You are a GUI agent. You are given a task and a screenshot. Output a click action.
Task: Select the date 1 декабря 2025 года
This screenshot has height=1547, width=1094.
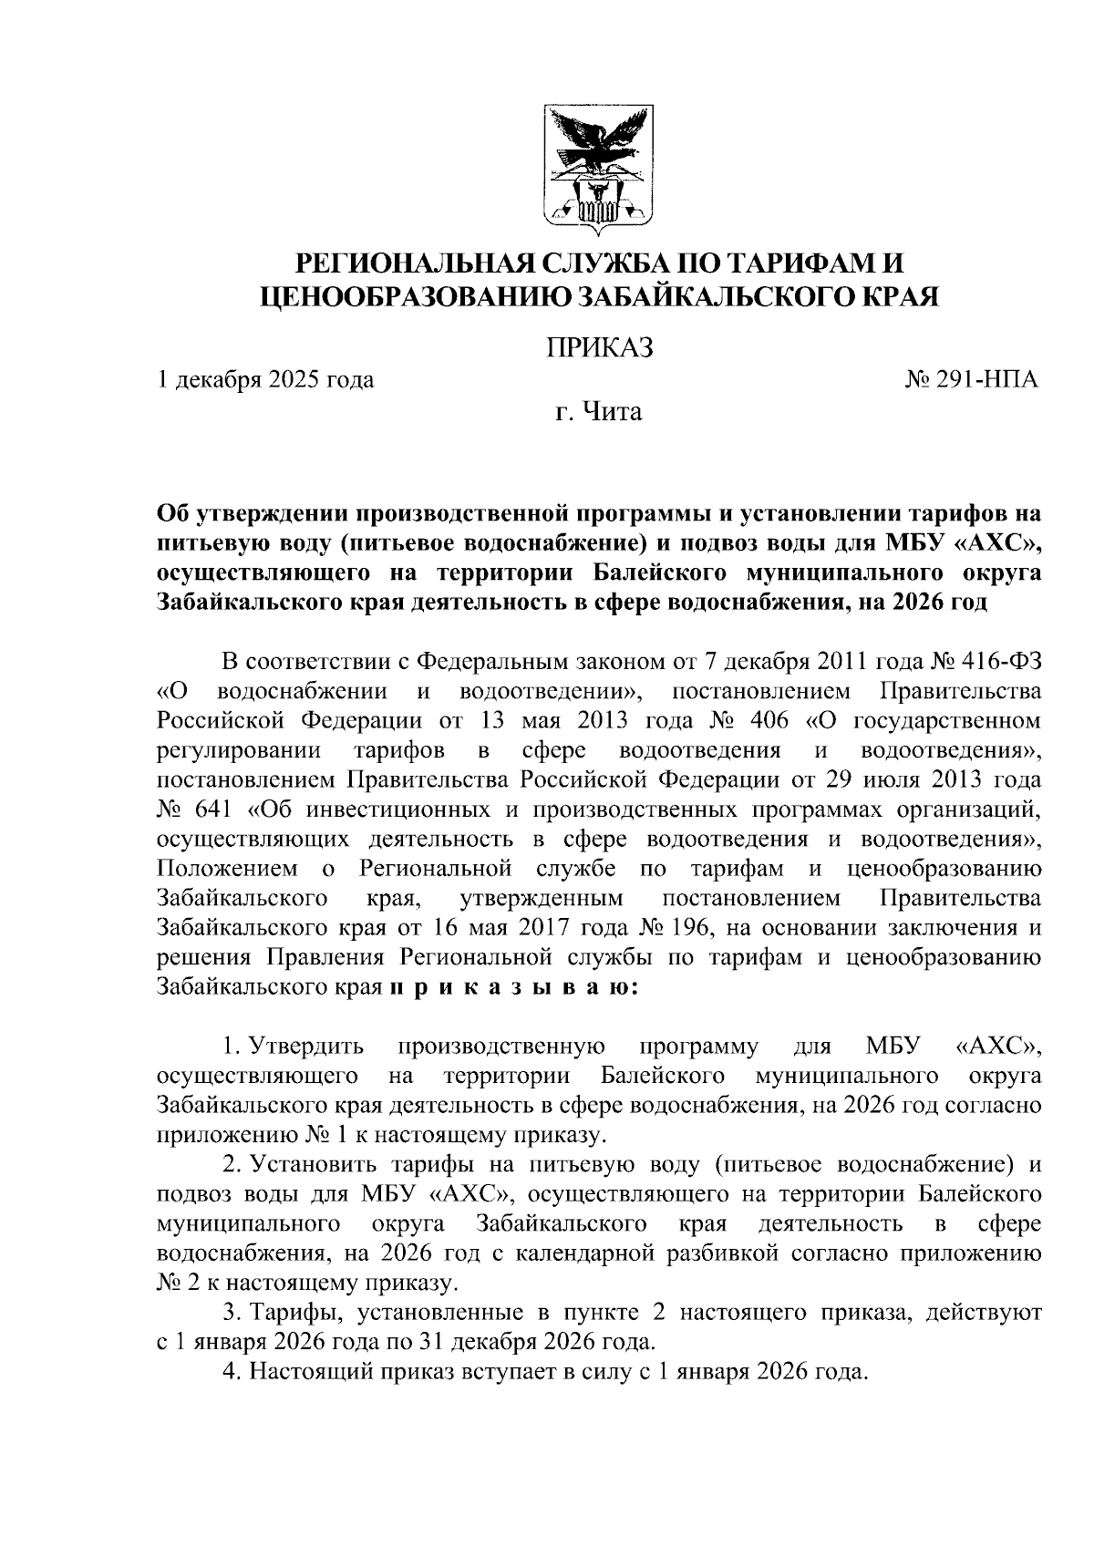click(x=265, y=379)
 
